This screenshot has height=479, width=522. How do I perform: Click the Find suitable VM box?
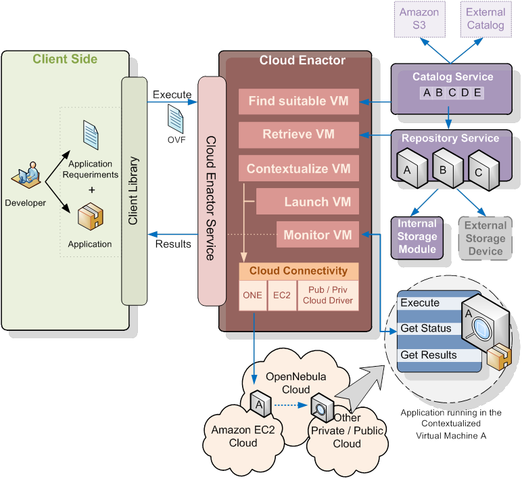(298, 101)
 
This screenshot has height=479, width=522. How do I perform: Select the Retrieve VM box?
(298, 134)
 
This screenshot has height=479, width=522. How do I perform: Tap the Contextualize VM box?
(298, 168)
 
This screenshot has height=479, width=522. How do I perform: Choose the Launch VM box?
(308, 202)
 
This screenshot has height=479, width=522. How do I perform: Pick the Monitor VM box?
(317, 235)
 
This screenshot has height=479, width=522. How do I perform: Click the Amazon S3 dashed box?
(419, 19)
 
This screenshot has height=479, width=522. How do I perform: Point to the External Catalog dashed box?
(485, 19)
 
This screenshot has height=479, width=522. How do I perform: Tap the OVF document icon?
(176, 118)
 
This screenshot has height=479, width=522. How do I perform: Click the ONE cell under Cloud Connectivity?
(253, 295)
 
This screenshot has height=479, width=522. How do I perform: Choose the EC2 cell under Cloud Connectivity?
(282, 295)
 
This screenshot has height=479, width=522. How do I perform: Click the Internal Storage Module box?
(417, 237)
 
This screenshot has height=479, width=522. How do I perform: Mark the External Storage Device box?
(485, 237)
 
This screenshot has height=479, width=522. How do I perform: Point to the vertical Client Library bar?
(134, 191)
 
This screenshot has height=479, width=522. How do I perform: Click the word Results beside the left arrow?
(173, 244)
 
